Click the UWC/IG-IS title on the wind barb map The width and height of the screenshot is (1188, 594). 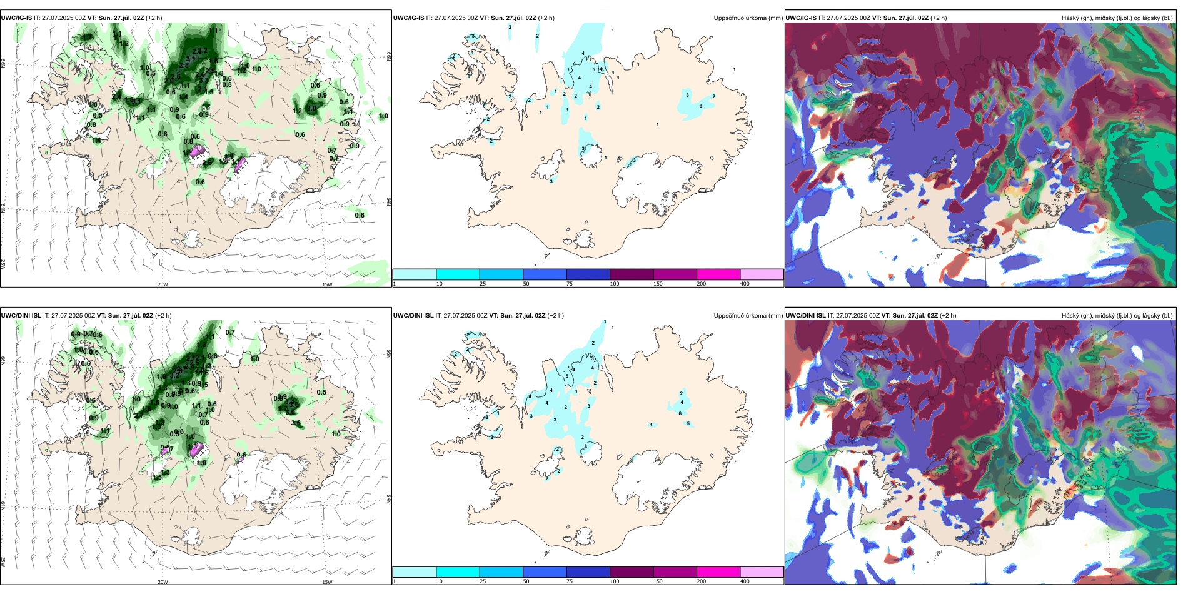(16, 18)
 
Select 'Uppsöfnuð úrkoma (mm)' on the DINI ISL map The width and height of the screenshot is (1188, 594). (748, 316)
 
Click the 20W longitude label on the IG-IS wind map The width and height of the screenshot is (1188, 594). (163, 284)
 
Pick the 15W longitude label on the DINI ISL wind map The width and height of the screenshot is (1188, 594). (327, 582)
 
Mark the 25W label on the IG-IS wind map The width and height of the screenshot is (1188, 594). (3, 264)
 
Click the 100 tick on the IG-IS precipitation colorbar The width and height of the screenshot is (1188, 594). (615, 284)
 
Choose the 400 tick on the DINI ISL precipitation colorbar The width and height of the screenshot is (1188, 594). (745, 581)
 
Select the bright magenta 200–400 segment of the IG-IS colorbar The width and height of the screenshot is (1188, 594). (718, 274)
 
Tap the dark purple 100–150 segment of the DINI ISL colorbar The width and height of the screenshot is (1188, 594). (632, 572)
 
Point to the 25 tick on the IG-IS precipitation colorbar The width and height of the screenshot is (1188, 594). (483, 284)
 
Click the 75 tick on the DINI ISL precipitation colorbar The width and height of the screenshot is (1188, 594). (570, 581)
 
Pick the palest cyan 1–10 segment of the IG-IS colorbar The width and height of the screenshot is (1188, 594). (415, 274)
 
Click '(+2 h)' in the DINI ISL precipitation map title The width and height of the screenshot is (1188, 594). (555, 316)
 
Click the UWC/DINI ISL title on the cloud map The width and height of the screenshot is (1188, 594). (805, 316)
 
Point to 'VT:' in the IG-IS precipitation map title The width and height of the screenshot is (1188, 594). (485, 18)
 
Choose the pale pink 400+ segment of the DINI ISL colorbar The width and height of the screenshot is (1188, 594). (762, 572)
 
